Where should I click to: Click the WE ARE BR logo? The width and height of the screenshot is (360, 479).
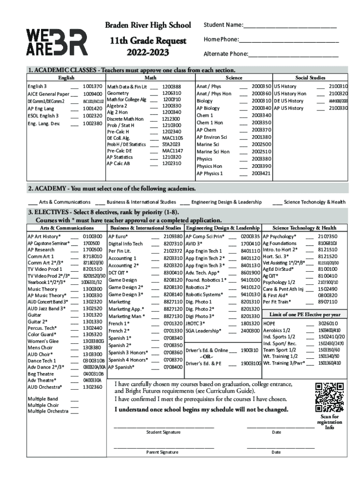click(x=57, y=43)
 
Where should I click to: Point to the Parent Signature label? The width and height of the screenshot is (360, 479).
click(x=162, y=452)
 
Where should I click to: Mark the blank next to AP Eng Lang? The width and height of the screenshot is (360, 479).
click(x=74, y=108)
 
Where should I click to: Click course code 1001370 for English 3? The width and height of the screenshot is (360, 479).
click(x=92, y=87)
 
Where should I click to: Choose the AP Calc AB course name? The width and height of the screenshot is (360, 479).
click(x=118, y=163)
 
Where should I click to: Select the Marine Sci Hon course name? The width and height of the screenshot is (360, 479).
click(x=213, y=152)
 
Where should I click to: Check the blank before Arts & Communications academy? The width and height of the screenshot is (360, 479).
click(x=33, y=202)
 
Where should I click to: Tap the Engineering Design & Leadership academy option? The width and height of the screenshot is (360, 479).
click(x=226, y=202)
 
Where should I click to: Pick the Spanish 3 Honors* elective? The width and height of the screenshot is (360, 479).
click(x=126, y=352)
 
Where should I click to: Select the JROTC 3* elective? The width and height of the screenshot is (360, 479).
click(x=195, y=323)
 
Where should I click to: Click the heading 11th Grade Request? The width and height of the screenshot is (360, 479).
click(x=147, y=41)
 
